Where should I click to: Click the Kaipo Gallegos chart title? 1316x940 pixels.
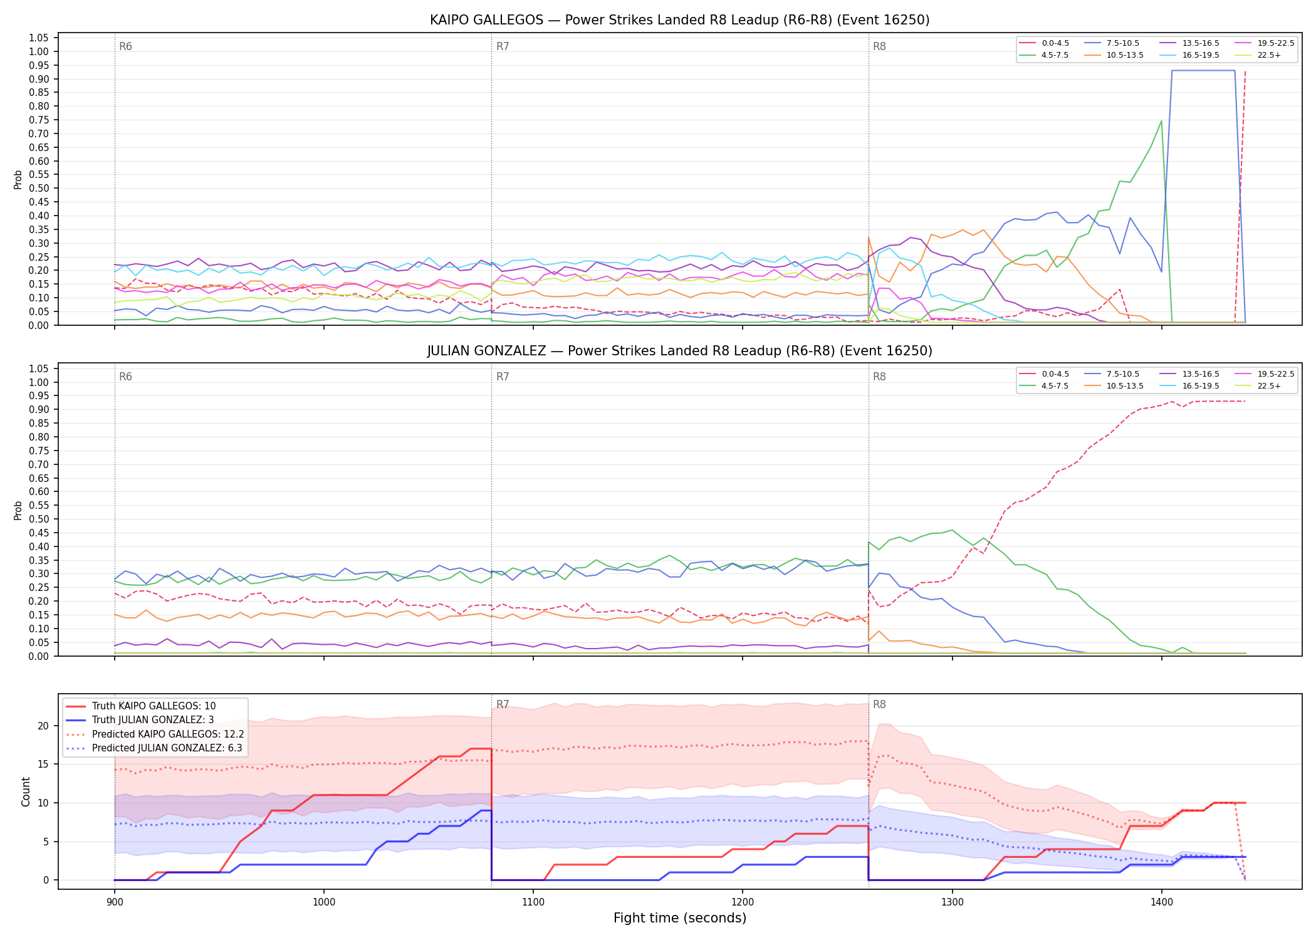click(x=679, y=20)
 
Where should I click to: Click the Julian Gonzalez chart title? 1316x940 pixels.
click(x=679, y=351)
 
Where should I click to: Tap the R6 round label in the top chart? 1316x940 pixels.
click(x=125, y=46)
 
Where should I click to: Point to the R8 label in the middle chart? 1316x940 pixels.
click(x=879, y=377)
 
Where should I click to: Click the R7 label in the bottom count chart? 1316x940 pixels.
click(x=503, y=704)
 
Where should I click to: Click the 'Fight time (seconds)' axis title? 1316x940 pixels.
click(x=680, y=918)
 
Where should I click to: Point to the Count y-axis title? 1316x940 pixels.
click(x=26, y=791)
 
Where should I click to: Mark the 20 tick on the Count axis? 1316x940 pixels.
click(x=44, y=726)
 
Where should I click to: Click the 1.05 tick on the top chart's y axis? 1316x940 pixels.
click(x=39, y=38)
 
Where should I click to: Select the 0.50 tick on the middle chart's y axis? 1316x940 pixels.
click(x=39, y=519)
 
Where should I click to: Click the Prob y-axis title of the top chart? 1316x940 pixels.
click(x=18, y=180)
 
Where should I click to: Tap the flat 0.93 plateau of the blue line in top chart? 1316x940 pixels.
click(x=1203, y=71)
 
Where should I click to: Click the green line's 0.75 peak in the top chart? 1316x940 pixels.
click(x=1161, y=121)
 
